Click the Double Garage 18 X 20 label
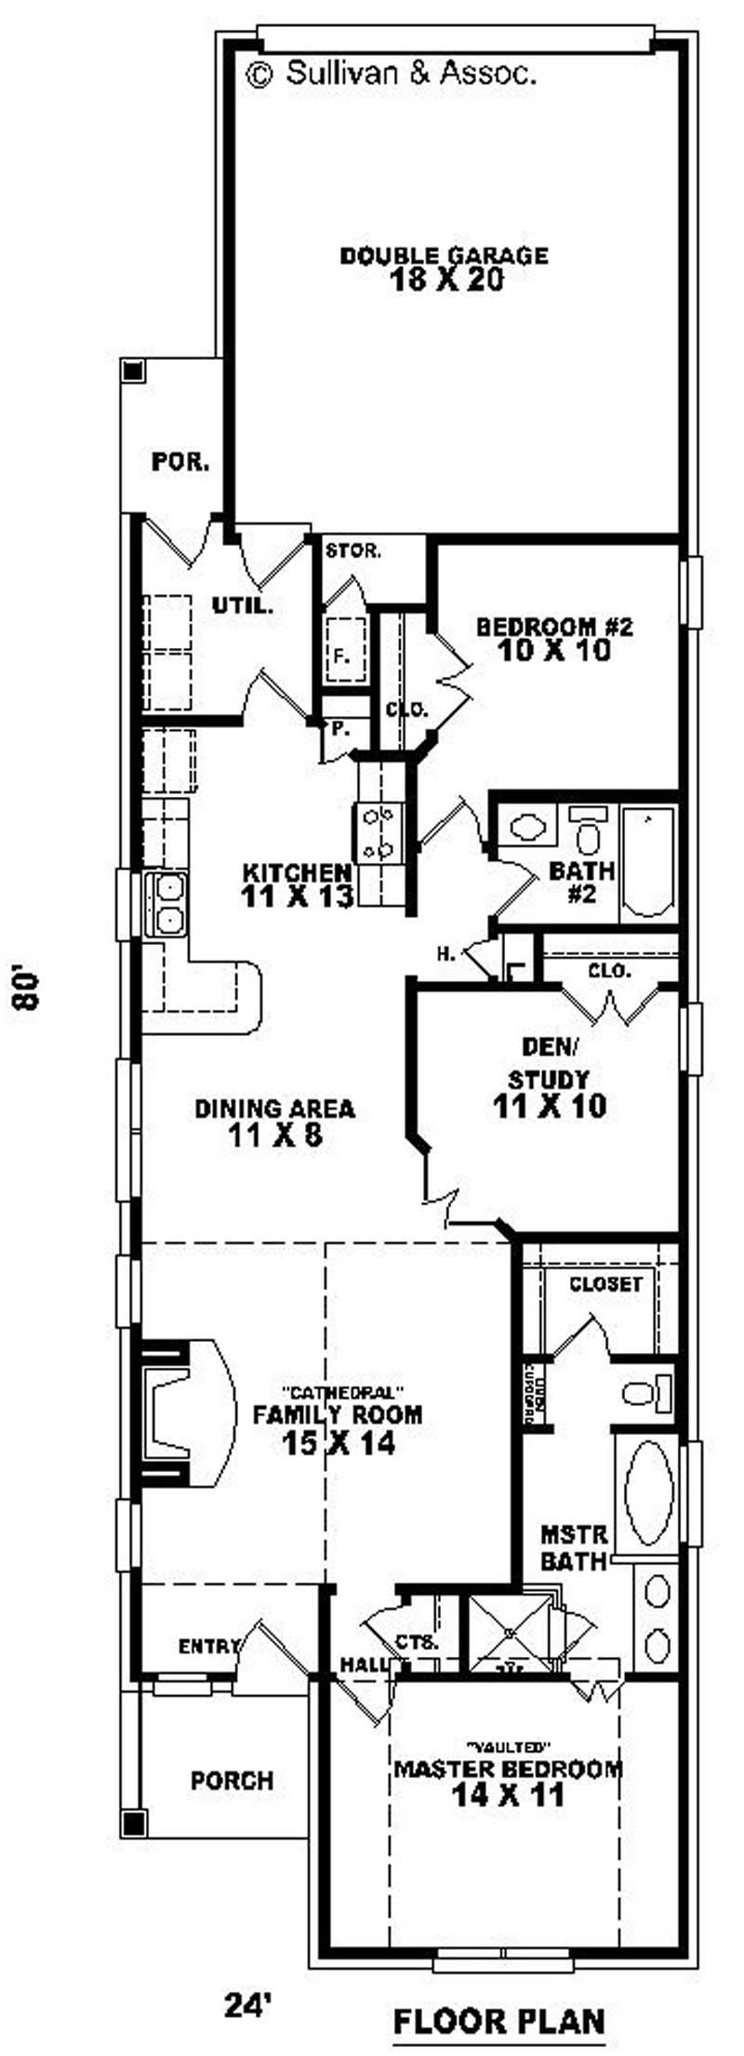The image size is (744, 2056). pos(443,268)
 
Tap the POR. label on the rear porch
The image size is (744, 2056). pos(180,462)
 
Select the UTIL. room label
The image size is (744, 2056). pos(243,606)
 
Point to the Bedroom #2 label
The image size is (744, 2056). pos(554,638)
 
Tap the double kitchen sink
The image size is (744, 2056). pos(167,904)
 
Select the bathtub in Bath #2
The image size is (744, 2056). pos(647,862)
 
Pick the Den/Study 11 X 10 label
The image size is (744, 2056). pos(549,1079)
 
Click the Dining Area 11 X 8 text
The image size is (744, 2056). pos(274,1121)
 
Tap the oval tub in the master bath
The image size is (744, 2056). pos(648,1483)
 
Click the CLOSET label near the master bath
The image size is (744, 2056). pos(605,1284)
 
